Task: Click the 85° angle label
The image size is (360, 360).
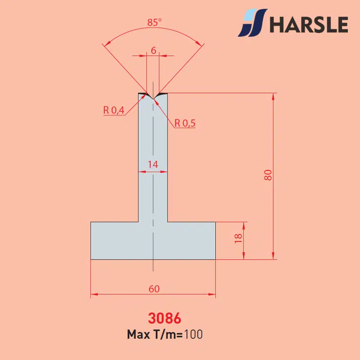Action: click(154, 22)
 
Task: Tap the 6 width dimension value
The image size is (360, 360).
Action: click(153, 50)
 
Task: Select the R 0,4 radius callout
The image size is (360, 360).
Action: click(114, 110)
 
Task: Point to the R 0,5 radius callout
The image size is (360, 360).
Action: click(185, 123)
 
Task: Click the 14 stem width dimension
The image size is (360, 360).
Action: click(153, 164)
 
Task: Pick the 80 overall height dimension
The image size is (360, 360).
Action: click(268, 175)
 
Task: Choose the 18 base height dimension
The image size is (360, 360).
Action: click(238, 238)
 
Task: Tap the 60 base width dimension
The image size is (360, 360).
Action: click(154, 289)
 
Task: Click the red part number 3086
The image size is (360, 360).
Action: click(164, 318)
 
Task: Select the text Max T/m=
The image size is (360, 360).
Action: click(155, 334)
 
